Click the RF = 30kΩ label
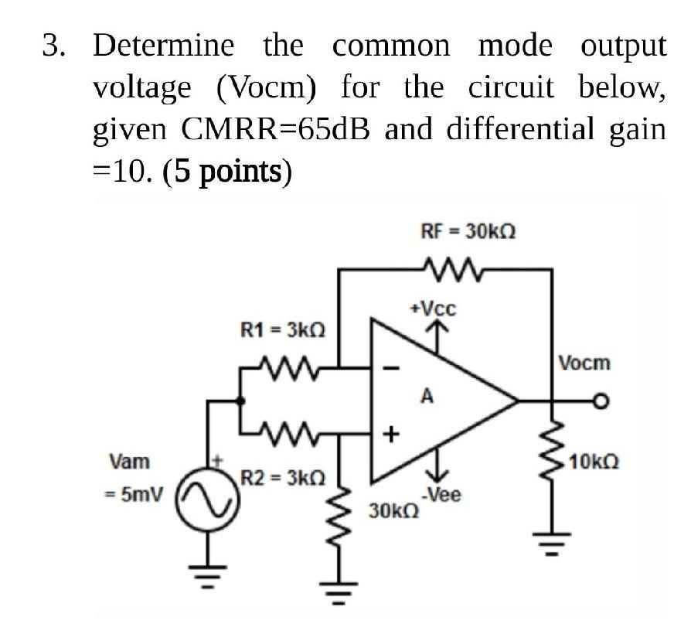click(468, 230)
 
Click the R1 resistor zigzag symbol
click(288, 363)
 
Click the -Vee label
click(441, 496)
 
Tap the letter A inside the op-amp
click(424, 397)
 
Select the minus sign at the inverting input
click(391, 369)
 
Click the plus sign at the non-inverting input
click(391, 435)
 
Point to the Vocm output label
click(584, 362)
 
